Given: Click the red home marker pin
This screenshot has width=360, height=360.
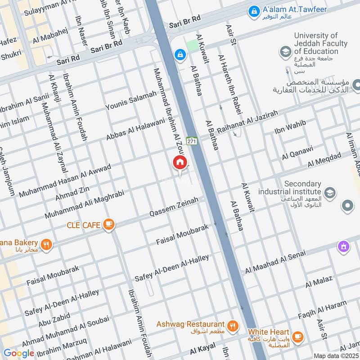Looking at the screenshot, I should (x=180, y=162).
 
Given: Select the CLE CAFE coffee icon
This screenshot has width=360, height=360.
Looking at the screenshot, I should (x=108, y=224).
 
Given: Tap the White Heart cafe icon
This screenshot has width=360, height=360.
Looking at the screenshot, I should (x=297, y=337).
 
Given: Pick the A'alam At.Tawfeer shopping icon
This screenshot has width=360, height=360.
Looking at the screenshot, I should (x=254, y=10).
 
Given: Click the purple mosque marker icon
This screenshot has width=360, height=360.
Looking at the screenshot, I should (x=344, y=247).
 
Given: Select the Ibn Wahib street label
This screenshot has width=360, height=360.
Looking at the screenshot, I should (x=290, y=127).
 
